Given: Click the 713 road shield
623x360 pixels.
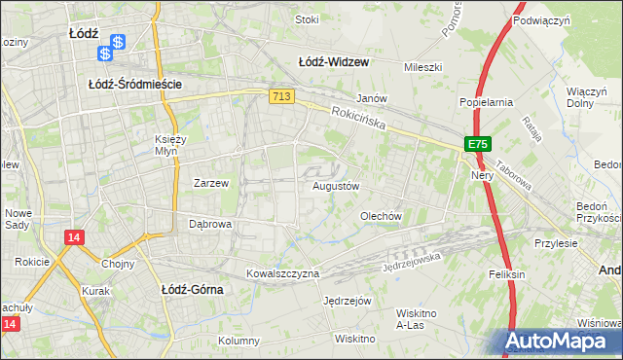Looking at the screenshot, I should coord(281,95).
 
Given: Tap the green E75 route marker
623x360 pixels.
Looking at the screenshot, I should coord(475,144).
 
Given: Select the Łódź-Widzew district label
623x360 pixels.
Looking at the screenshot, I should coord(333,61).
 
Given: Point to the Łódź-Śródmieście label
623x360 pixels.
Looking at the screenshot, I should coord(135,85).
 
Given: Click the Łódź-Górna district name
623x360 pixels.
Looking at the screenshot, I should coord(192,289).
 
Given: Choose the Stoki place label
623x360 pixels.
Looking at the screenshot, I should coord(307,18).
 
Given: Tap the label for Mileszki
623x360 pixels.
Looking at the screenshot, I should coord(423,67).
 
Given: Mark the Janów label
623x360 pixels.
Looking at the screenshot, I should coord(372,98).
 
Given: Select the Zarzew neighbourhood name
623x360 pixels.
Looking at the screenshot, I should coord(210,182).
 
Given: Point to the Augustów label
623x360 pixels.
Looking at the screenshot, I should coord(336,185).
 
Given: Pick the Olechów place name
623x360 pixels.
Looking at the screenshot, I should coord(381,216).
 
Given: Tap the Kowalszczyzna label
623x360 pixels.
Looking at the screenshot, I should coord(282,273).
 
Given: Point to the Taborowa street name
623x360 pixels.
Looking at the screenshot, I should coord(513,175).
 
